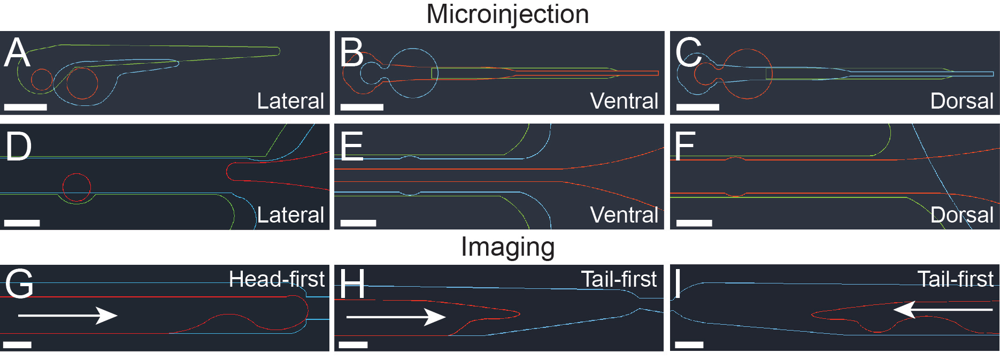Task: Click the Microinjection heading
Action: [507, 14]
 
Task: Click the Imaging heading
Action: [507, 247]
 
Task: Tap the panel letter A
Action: [17, 53]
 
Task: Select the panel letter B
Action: [352, 53]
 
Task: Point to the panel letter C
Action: [688, 53]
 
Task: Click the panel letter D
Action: [18, 147]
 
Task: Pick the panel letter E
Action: [352, 147]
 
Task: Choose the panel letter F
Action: [684, 147]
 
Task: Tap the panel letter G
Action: [19, 284]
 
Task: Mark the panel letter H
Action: [352, 284]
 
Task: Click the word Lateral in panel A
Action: [290, 101]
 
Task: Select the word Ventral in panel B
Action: [624, 101]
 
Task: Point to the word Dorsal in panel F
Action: [961, 215]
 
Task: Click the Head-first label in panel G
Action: [276, 279]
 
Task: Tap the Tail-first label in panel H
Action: [619, 279]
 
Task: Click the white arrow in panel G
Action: [67, 315]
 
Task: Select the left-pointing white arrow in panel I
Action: [943, 310]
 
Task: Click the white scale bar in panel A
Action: [26, 107]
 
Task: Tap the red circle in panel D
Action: [76, 187]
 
